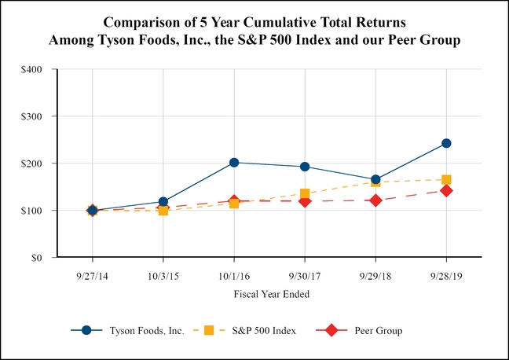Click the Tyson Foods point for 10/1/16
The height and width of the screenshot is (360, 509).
point(234,163)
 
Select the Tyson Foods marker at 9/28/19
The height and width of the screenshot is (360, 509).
point(446,143)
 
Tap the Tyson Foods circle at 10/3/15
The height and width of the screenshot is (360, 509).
point(163,202)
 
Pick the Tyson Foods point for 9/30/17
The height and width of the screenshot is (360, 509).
point(305,167)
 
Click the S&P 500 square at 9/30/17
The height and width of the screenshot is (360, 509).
point(305,193)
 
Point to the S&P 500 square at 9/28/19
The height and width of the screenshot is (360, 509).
point(446,180)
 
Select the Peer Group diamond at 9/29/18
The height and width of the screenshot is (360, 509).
point(375,200)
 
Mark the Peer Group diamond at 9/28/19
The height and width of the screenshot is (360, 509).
point(446,190)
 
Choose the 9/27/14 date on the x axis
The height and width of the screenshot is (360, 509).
point(92,274)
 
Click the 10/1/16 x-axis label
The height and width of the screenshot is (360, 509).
point(234,274)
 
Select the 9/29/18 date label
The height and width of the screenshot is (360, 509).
point(375,274)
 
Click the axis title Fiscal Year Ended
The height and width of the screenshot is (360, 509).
point(271,294)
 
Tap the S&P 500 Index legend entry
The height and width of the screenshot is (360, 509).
point(263,331)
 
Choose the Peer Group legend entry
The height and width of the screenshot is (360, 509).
point(378,331)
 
